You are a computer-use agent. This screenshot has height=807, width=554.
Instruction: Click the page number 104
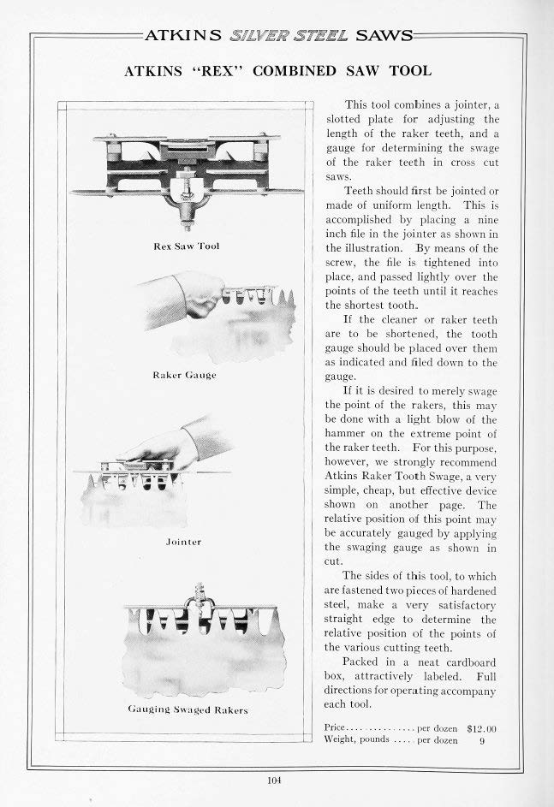click(274, 780)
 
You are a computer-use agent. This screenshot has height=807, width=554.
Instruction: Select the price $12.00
click(482, 728)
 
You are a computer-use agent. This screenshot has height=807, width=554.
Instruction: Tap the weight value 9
click(482, 740)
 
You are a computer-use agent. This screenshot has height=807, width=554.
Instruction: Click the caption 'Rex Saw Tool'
click(186, 246)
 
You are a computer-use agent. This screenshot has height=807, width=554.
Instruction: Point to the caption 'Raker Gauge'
click(184, 375)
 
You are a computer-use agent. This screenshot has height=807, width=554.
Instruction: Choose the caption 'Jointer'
click(183, 542)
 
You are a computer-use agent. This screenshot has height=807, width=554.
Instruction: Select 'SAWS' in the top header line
click(384, 36)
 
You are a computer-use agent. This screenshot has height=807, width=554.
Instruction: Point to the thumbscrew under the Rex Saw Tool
click(187, 205)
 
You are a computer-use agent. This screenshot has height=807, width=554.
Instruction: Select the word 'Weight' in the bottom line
click(342, 740)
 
